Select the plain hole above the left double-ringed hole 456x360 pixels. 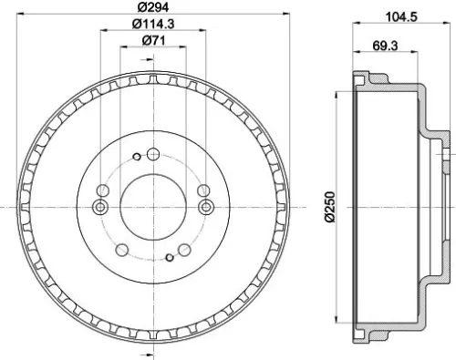tap(102, 190)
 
